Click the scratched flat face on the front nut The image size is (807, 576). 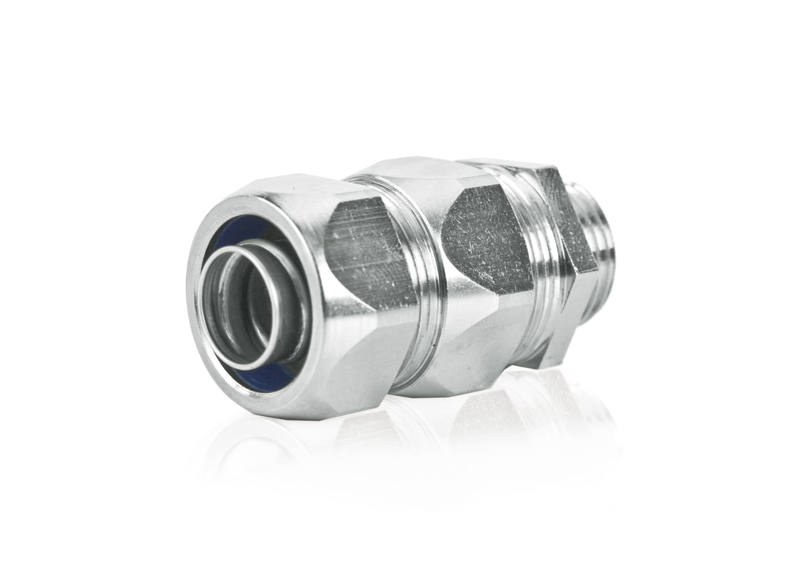pyautogui.click(x=359, y=246)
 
